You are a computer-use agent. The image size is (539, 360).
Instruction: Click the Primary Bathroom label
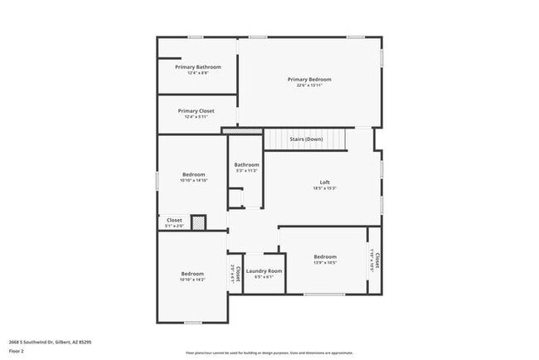point(197,66)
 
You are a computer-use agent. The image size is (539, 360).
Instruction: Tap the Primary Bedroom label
point(308,80)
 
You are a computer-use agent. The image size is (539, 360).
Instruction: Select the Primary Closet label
point(197,110)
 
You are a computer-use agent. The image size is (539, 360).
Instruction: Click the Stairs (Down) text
point(306,139)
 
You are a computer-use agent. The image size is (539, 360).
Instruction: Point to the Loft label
point(325,182)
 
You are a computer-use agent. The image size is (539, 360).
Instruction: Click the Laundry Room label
point(265,271)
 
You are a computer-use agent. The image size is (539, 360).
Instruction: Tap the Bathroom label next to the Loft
point(246,164)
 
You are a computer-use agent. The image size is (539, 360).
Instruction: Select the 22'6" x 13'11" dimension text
point(308,85)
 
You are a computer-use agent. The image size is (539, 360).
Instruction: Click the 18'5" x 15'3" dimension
point(325,188)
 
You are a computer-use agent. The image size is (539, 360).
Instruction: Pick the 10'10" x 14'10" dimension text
point(193,180)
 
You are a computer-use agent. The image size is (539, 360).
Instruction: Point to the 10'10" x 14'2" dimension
point(192,280)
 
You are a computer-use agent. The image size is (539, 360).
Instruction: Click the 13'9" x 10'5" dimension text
point(325,263)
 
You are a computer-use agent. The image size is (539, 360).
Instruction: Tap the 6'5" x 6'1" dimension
point(265,277)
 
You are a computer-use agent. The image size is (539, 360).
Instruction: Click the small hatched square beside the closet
point(198,222)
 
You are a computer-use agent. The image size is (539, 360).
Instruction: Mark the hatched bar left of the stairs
point(242,131)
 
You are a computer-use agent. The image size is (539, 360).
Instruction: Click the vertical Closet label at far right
point(377,260)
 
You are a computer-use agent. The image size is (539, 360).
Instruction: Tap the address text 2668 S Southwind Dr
point(49,341)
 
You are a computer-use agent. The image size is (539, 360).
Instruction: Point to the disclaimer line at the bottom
point(269,353)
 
